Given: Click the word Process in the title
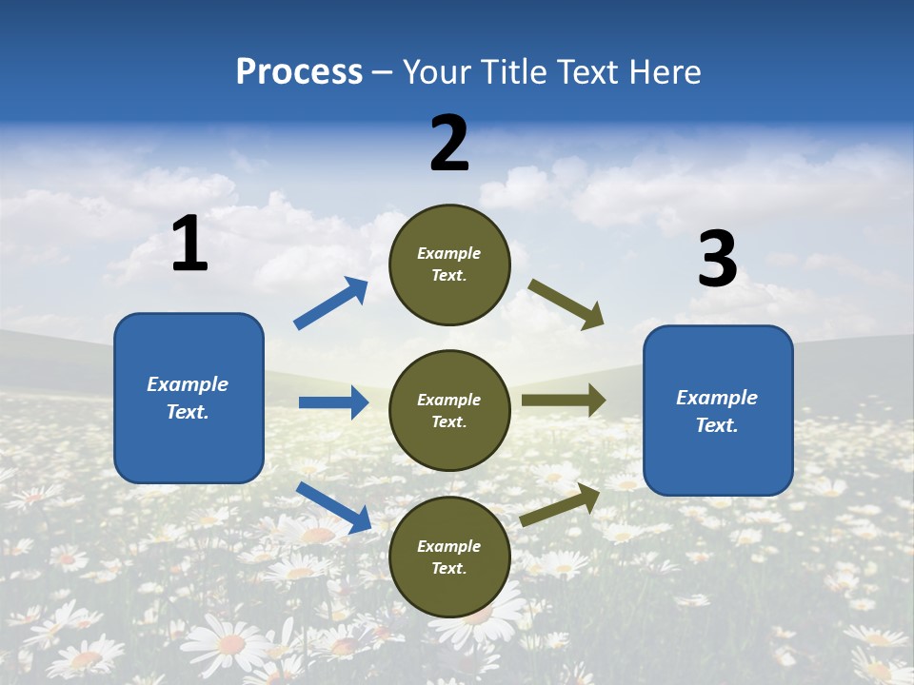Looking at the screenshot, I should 299,72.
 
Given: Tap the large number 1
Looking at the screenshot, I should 189,245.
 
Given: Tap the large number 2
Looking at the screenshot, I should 449,144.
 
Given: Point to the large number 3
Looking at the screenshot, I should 717,260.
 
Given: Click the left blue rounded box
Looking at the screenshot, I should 189,398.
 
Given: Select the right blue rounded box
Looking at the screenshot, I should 718,411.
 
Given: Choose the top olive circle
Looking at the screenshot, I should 449,264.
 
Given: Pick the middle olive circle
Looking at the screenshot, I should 449,410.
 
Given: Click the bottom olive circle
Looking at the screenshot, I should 449,557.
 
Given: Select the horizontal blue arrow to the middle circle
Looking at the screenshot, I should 333,402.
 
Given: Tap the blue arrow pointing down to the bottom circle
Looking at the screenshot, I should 333,506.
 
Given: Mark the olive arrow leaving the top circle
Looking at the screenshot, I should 566,304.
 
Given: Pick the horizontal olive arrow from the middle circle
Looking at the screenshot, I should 564,401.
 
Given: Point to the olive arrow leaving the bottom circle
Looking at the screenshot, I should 560,504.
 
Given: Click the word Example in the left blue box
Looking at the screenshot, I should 188,384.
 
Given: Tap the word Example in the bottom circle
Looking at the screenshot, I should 449,546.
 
